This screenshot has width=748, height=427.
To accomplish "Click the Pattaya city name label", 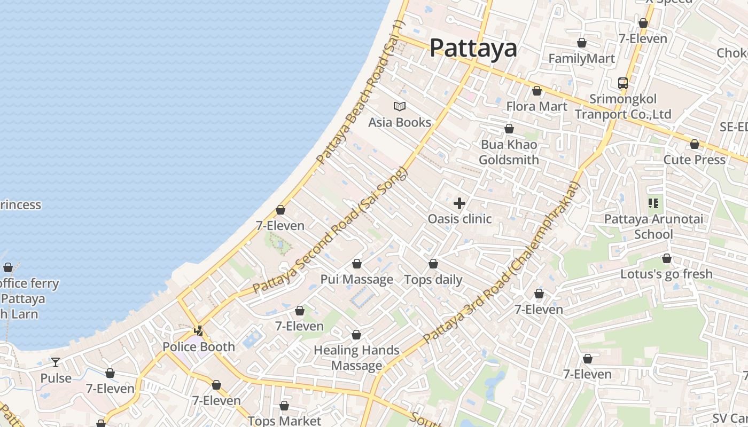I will pyautogui.click(x=473, y=48).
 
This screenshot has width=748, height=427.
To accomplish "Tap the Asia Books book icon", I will pyautogui.click(x=400, y=106).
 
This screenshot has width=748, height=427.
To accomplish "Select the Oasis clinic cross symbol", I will pyautogui.click(x=459, y=203).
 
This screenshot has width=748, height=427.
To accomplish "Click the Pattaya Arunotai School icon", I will pyautogui.click(x=653, y=203).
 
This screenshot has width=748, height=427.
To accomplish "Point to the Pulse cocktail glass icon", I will pyautogui.click(x=56, y=362).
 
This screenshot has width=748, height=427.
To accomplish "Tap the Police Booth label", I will pyautogui.click(x=199, y=347).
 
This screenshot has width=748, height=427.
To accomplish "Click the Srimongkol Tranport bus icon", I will pyautogui.click(x=623, y=83).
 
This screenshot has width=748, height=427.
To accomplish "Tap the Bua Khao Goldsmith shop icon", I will pyautogui.click(x=509, y=129).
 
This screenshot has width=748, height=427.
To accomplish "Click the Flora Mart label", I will pyautogui.click(x=536, y=106).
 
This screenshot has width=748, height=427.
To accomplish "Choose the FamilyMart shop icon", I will pyautogui.click(x=582, y=43).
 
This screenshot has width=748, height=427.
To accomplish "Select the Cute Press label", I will pyautogui.click(x=694, y=160).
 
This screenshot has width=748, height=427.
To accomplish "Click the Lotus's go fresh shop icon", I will pyautogui.click(x=667, y=259).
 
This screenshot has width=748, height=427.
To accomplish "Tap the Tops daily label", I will pyautogui.click(x=433, y=280).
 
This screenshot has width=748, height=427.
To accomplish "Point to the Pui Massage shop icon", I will pyautogui.click(x=357, y=264).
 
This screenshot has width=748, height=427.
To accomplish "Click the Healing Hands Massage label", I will pyautogui.click(x=356, y=358).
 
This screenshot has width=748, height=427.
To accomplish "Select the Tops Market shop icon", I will pyautogui.click(x=284, y=406).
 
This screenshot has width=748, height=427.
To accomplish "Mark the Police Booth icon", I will pyautogui.click(x=199, y=331).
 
